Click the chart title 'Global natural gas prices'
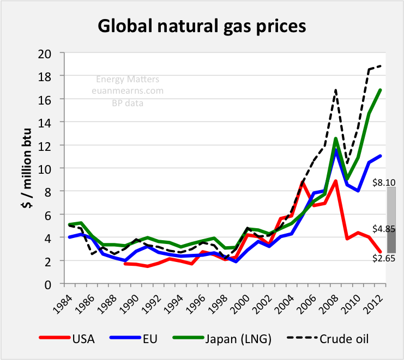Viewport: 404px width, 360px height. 202,25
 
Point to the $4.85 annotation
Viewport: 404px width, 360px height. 383,228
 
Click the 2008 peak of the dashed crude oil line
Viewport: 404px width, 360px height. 336,89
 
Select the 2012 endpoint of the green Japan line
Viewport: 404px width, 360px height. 379,90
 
